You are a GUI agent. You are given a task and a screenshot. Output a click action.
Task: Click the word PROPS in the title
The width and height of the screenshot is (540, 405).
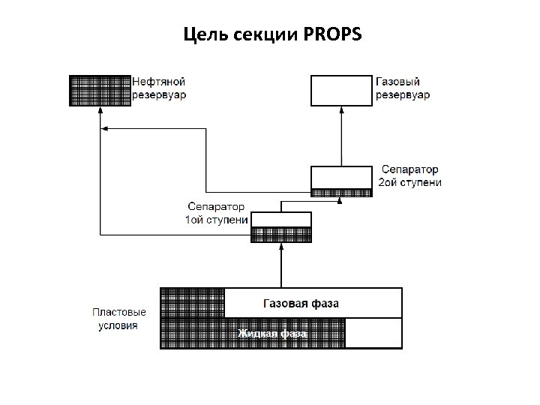[x=333, y=34]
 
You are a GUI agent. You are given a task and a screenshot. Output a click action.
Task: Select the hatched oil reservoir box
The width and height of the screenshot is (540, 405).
[x=100, y=90]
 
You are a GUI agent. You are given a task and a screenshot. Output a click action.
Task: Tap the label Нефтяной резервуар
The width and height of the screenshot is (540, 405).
[x=159, y=88]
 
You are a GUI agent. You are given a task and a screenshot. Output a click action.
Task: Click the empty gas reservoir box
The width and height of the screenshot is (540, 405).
[x=341, y=90]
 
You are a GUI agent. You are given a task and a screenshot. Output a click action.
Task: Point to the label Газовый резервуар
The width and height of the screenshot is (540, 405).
[x=402, y=88]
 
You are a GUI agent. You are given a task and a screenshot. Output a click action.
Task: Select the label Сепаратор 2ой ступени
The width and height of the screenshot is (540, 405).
[x=409, y=176]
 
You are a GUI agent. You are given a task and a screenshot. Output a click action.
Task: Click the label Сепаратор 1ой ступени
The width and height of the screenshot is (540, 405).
[x=216, y=213]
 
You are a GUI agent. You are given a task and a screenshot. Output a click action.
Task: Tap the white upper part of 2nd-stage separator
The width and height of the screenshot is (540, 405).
[x=341, y=177]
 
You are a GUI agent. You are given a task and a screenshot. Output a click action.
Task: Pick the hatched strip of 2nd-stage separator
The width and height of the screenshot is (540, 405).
[x=341, y=192]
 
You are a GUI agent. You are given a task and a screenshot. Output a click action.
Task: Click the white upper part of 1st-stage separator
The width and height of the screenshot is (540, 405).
[x=281, y=219]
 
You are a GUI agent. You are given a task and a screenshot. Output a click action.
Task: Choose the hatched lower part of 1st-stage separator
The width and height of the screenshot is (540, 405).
[x=281, y=234]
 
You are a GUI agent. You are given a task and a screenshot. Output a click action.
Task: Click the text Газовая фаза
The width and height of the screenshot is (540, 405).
[x=301, y=304]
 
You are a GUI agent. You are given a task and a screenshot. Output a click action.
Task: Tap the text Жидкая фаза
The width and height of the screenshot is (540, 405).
[x=271, y=333]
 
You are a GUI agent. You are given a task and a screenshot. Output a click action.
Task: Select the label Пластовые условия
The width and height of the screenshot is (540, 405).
[x=119, y=319]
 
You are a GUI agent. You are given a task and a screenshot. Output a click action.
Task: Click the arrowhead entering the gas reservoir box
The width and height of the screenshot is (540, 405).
[x=341, y=109]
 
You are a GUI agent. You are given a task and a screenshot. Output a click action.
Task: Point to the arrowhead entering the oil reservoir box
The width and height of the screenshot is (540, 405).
[x=100, y=110]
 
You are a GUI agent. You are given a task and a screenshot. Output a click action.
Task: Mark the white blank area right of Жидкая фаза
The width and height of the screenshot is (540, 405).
[x=373, y=333]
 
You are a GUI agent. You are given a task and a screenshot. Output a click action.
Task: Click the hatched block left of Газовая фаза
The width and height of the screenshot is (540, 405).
[x=193, y=303]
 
